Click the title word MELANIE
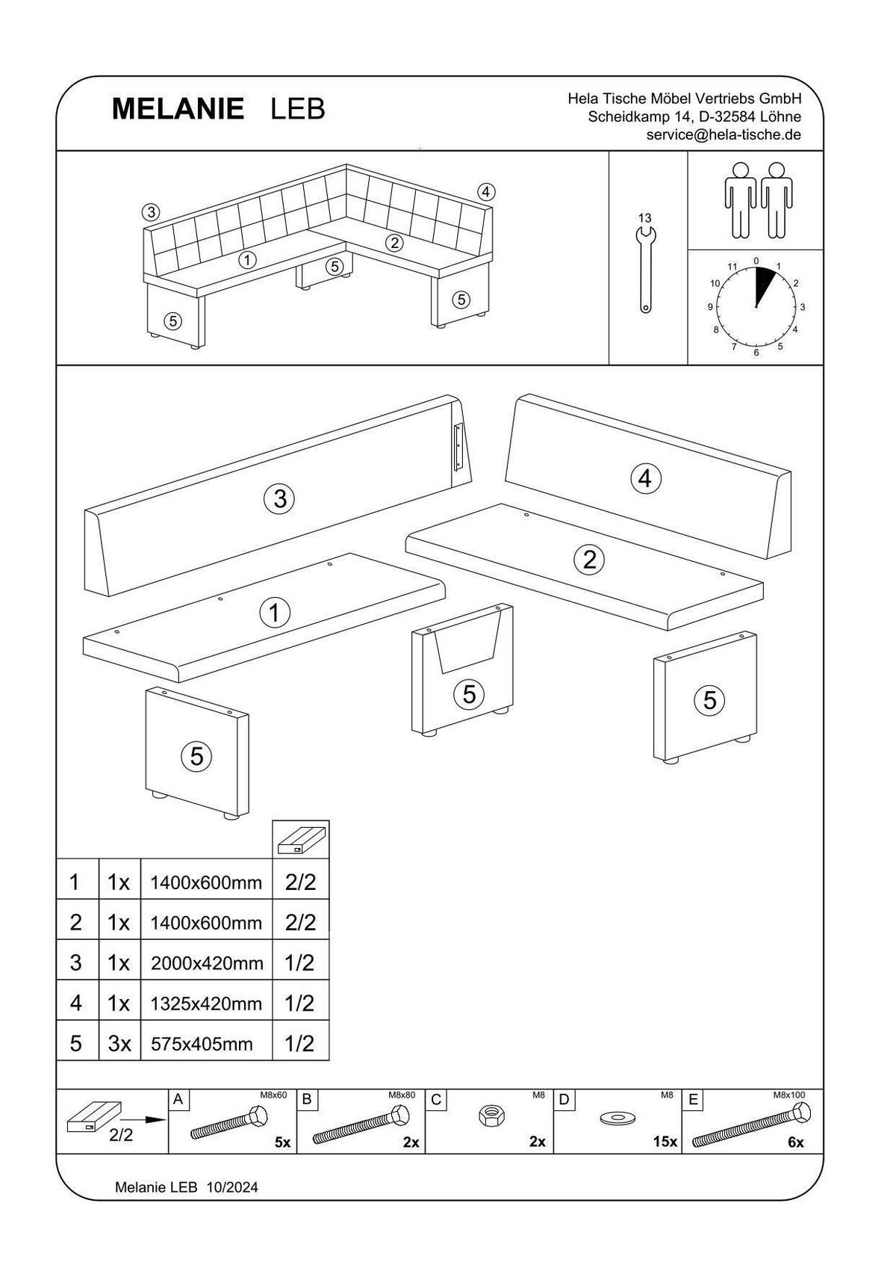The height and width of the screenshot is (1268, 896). (178, 109)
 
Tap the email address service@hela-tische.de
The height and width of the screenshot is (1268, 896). (724, 135)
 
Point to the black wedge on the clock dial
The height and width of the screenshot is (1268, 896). (764, 284)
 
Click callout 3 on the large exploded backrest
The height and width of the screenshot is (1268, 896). (279, 498)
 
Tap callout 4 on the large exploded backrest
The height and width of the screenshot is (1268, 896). (645, 477)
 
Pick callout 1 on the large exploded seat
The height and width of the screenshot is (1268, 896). (274, 613)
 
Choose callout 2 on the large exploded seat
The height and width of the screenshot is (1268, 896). (589, 559)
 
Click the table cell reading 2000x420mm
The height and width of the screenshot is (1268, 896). (207, 963)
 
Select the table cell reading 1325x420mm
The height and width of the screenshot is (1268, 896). (207, 1003)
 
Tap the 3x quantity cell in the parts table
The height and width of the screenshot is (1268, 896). (119, 1044)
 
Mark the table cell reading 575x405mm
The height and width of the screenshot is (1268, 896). (202, 1044)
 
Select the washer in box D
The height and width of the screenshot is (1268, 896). (617, 1119)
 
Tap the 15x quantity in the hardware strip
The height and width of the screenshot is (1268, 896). (664, 1142)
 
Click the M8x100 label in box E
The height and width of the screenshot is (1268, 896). (789, 1095)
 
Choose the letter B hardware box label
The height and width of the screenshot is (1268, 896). (306, 1100)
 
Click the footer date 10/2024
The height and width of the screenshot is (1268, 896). (232, 1187)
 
